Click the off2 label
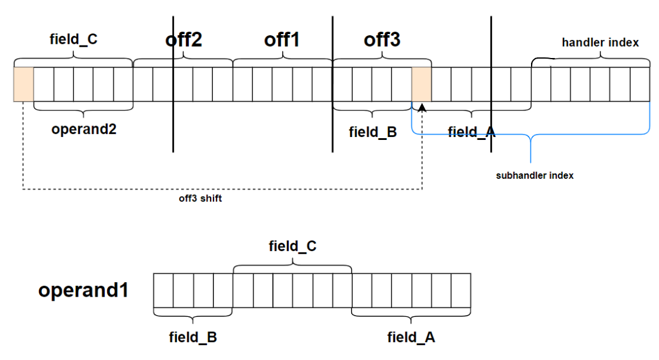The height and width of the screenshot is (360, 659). pos(184,40)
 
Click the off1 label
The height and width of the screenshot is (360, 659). pos(282,40)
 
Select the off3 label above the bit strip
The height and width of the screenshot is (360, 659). pos(382,40)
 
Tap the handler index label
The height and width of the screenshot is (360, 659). pos(600,42)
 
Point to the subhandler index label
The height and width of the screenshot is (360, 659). pos(535,176)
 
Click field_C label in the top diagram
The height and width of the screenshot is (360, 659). pos(73,40)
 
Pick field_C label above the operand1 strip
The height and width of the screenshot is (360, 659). pos(292,246)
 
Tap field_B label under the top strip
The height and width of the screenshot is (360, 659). pos(373,132)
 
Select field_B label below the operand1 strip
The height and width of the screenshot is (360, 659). pos(193,337)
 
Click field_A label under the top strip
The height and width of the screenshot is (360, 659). pos(472,132)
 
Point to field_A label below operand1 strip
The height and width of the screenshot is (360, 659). pos(411,337)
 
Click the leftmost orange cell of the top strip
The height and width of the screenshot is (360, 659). pos(23,84)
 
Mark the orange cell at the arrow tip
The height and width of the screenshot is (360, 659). pos(422,84)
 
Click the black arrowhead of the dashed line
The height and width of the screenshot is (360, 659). pos(422,107)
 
